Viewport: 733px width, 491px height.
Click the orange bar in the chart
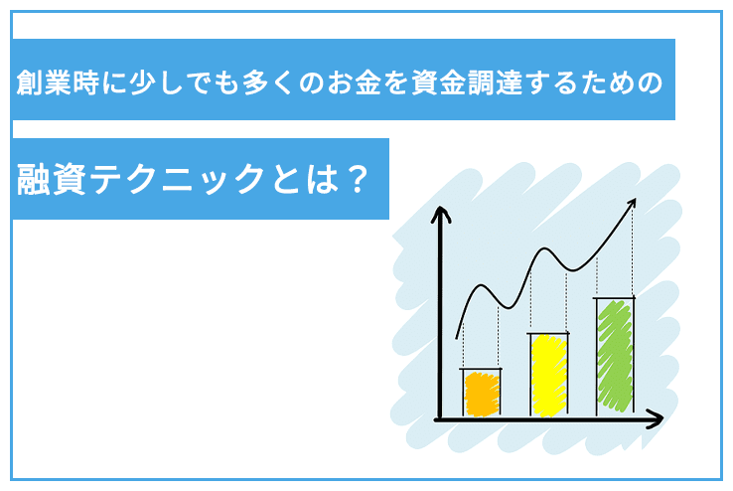pyautogui.click(x=482, y=395)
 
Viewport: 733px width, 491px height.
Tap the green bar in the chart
pyautogui.click(x=615, y=357)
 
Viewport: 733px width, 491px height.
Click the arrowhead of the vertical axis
pyautogui.click(x=440, y=214)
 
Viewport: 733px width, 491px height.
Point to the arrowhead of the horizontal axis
pyautogui.click(x=655, y=419)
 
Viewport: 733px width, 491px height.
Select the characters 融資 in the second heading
pyautogui.click(x=51, y=179)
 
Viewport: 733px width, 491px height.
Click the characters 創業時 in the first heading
pyautogui.click(x=58, y=82)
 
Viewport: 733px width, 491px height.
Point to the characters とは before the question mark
pyautogui.click(x=304, y=179)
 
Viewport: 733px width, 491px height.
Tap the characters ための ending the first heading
pyautogui.click(x=622, y=82)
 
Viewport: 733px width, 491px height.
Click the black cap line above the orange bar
pyautogui.click(x=481, y=369)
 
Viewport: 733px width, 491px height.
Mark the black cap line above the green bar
pyautogui.click(x=614, y=297)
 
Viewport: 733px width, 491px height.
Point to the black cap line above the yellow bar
pyautogui.click(x=548, y=333)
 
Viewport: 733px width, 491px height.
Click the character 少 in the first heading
pyautogui.click(x=143, y=82)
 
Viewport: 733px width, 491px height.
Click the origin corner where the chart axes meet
pyautogui.click(x=439, y=419)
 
